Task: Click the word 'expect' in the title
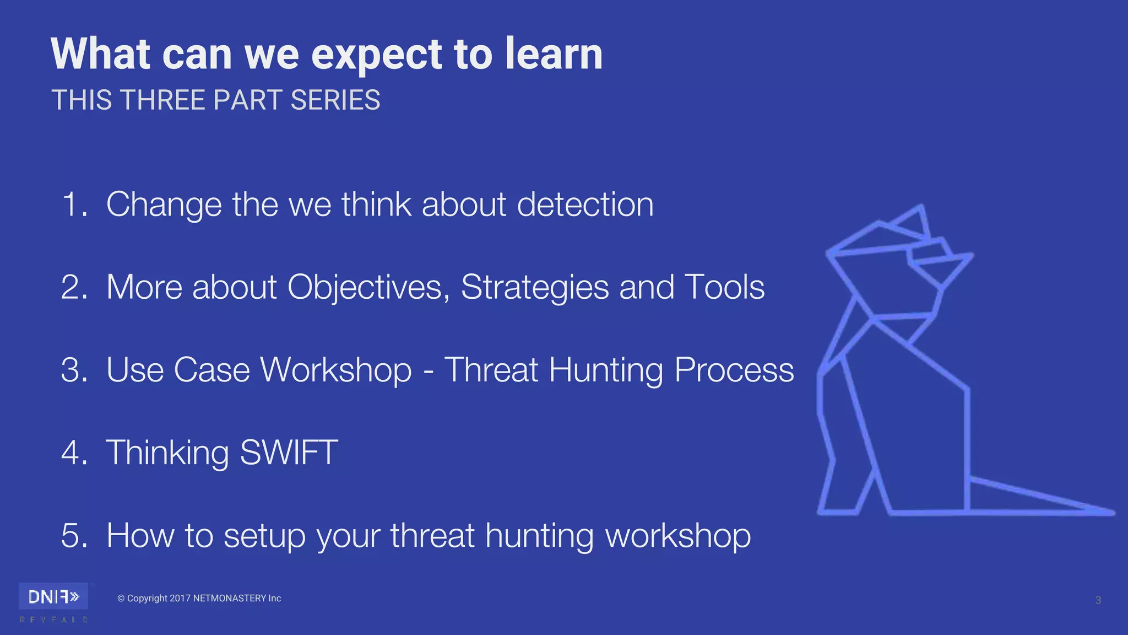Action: pyautogui.click(x=376, y=55)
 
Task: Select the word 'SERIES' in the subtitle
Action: pyautogui.click(x=335, y=100)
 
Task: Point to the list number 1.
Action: pyautogui.click(x=74, y=205)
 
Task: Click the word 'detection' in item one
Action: pyautogui.click(x=585, y=205)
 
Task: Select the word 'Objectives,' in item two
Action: pyautogui.click(x=368, y=287)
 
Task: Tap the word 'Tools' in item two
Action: pyautogui.click(x=724, y=287)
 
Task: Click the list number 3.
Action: pyautogui.click(x=74, y=370)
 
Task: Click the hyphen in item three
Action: pyautogui.click(x=428, y=371)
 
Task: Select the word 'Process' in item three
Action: pyautogui.click(x=734, y=370)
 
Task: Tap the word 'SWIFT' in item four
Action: pyautogui.click(x=289, y=453)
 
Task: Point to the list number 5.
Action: pyautogui.click(x=74, y=535)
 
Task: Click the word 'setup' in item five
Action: pyautogui.click(x=264, y=536)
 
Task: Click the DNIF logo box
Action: pyautogui.click(x=53, y=596)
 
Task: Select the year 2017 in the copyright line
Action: pyautogui.click(x=180, y=599)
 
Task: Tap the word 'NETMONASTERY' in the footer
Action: pyautogui.click(x=229, y=599)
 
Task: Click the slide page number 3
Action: pyautogui.click(x=1098, y=600)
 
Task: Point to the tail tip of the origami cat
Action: pyautogui.click(x=1111, y=512)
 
